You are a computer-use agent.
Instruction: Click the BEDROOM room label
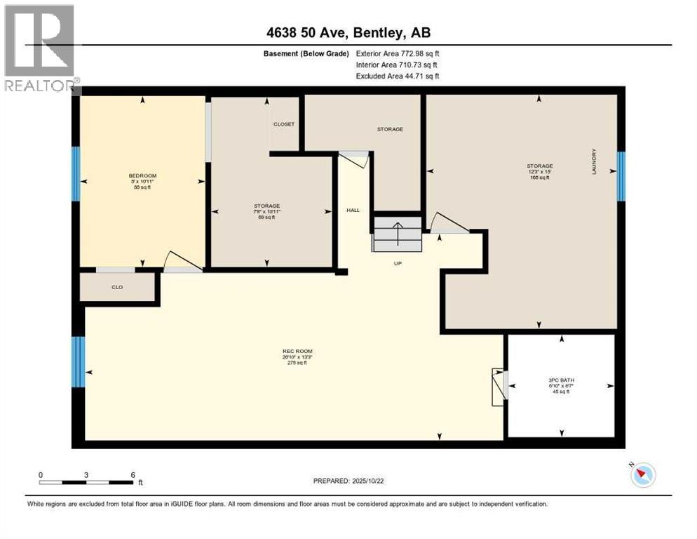(142, 175)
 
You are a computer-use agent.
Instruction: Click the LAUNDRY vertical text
(594, 161)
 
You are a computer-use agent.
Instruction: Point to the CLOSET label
(284, 124)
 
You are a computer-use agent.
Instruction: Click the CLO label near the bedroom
(117, 286)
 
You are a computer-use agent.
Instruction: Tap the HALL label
(353, 210)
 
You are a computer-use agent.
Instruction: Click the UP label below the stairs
(396, 265)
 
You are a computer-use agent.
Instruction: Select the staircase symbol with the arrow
(397, 234)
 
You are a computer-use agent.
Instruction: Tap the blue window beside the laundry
(621, 176)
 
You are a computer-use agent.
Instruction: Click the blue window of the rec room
(79, 361)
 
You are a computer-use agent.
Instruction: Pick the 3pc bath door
(499, 386)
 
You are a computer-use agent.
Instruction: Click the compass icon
(642, 475)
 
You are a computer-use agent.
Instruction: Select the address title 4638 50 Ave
(348, 32)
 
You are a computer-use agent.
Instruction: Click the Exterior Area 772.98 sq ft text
(398, 53)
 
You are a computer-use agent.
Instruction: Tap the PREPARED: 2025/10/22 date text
(348, 481)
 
